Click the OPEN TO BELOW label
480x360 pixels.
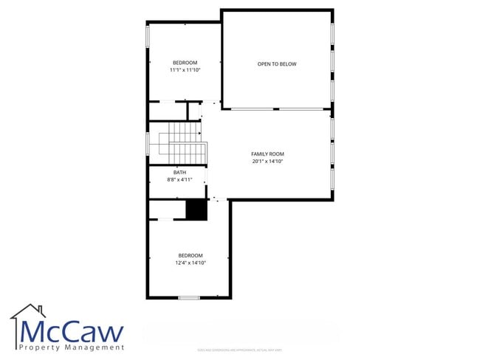[x=277, y=64]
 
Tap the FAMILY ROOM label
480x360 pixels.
[x=267, y=153]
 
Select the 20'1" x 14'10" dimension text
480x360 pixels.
[x=267, y=161]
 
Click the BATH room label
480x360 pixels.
[x=179, y=172]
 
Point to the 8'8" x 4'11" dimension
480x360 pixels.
[x=179, y=179]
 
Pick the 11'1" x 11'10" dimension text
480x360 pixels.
[x=185, y=70]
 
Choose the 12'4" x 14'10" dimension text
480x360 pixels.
[x=191, y=263]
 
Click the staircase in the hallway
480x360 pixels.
[x=187, y=142]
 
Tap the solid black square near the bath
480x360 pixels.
[x=196, y=210]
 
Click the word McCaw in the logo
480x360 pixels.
[x=72, y=331]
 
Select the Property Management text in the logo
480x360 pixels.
[x=71, y=347]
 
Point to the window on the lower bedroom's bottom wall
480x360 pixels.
[x=189, y=297]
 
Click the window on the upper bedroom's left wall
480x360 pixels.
[x=148, y=35]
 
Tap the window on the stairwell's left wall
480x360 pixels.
[x=148, y=143]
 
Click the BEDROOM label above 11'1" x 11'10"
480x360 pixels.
[x=185, y=63]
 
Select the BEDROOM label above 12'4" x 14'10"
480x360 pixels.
[x=191, y=255]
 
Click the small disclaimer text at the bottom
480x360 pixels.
[x=239, y=350]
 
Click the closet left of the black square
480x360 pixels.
[x=166, y=210]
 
